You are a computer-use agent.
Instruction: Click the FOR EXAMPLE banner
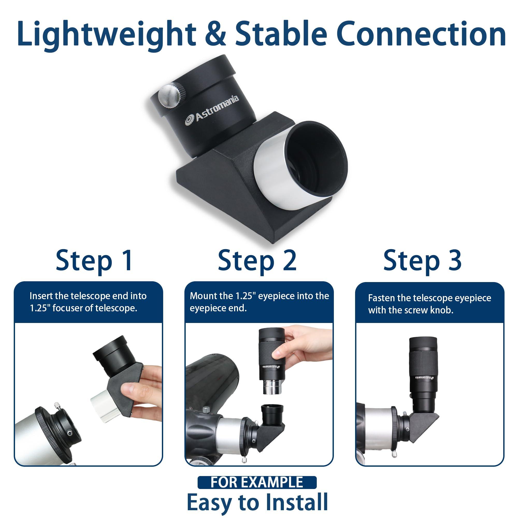pyautogui.click(x=257, y=482)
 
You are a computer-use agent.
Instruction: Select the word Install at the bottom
pyautogui.click(x=295, y=502)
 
